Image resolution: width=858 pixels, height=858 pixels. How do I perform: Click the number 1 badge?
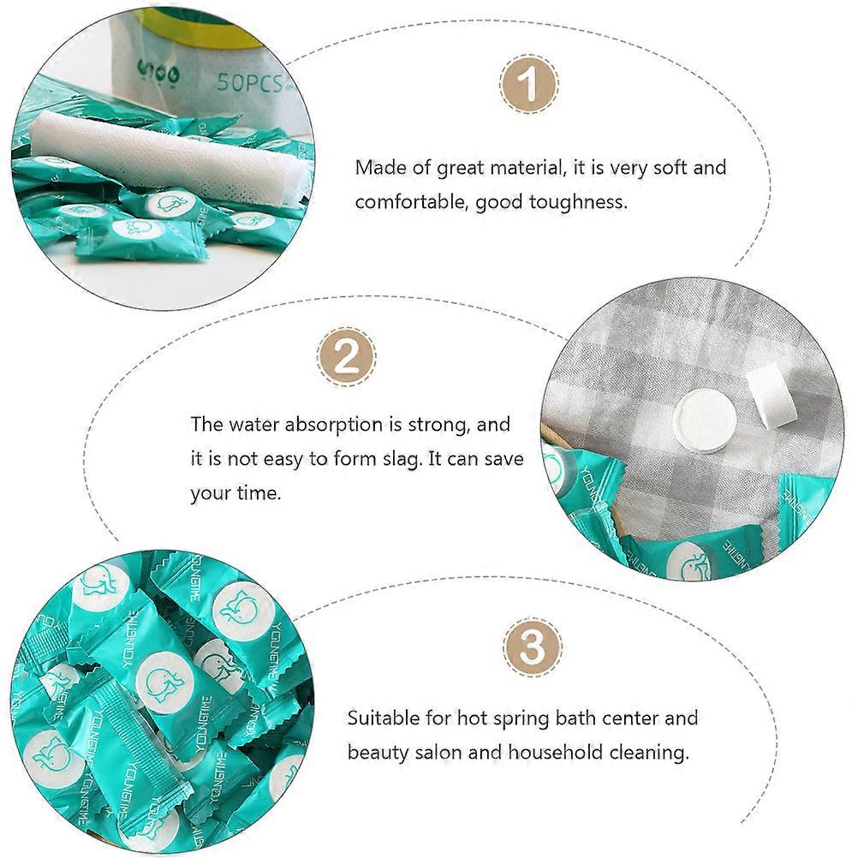tap(529, 84)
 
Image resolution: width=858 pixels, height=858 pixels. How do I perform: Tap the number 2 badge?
tap(347, 357)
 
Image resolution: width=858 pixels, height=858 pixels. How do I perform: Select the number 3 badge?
tap(533, 648)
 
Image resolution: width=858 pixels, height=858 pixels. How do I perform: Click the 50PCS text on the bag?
tap(249, 82)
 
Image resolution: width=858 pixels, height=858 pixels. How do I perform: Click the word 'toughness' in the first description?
tap(578, 202)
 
